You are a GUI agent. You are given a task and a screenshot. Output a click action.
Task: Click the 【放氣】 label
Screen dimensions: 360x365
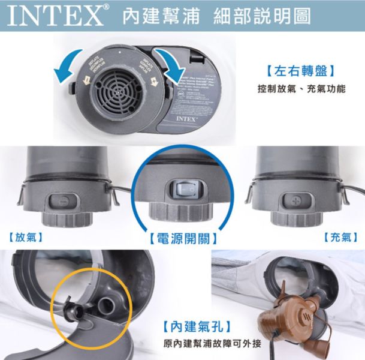click(25, 236)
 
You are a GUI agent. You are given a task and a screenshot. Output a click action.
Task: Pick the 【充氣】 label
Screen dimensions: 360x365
click(340, 236)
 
